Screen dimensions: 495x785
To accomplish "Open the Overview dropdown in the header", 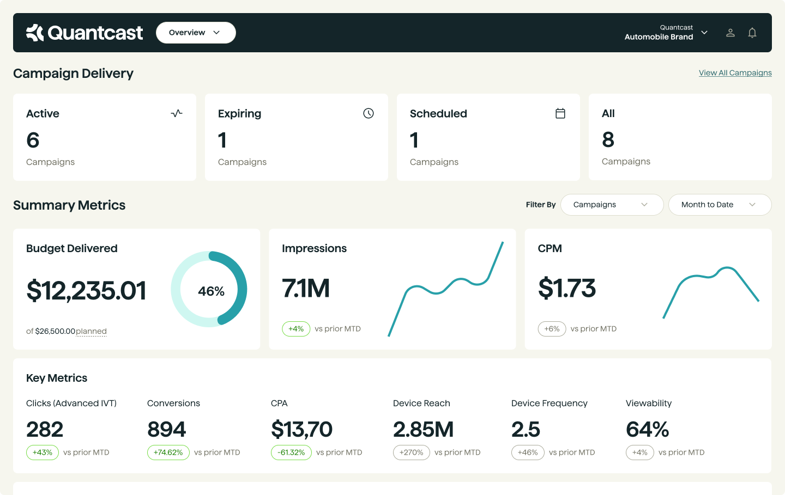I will click(195, 33).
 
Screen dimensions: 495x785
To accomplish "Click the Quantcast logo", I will click(84, 33).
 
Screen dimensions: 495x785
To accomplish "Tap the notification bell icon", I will click(752, 33).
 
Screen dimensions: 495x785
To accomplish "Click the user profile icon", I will click(730, 33).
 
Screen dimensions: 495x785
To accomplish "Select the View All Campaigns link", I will click(735, 73).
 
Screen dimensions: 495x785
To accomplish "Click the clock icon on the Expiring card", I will click(369, 113).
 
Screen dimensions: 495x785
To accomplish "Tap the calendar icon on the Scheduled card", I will click(560, 113).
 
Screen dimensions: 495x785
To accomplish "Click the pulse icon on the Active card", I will click(177, 113).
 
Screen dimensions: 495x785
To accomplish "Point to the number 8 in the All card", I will click(608, 140).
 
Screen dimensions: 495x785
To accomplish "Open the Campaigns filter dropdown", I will click(611, 205).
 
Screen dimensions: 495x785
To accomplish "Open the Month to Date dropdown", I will click(719, 205).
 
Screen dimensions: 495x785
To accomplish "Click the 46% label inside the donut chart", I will click(211, 291).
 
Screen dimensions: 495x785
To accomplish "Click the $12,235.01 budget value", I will click(86, 290).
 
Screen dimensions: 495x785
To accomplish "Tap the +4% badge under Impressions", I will click(296, 329).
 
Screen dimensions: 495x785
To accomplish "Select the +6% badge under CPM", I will click(552, 329).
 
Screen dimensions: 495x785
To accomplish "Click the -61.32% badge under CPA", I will click(291, 453).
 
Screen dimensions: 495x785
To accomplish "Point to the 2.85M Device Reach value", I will click(423, 430).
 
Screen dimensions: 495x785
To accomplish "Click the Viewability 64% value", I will click(647, 430).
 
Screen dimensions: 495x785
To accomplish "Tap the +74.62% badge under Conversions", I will click(168, 453).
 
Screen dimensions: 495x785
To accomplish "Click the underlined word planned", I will click(91, 331).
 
